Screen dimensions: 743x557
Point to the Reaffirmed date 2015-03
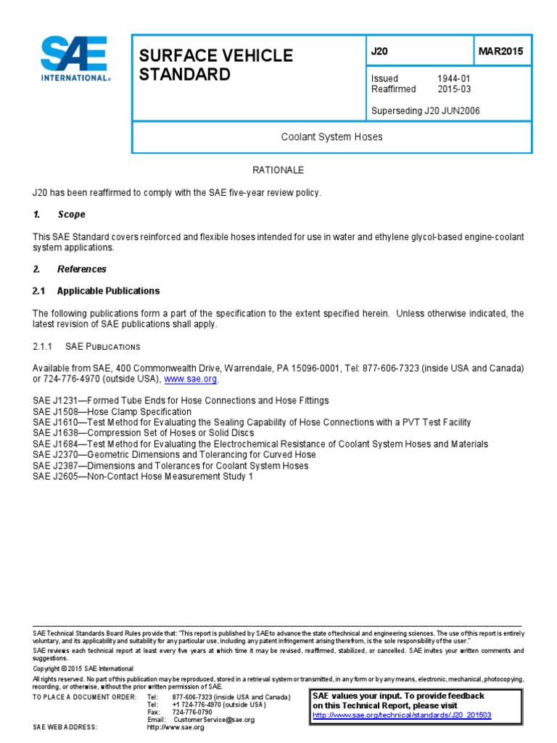tap(454, 89)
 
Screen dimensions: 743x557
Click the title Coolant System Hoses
tap(331, 136)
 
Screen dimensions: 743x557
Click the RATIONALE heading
tap(278, 170)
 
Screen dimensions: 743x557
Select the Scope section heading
tap(71, 215)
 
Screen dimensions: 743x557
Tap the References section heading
tap(81, 269)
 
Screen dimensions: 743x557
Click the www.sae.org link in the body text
tap(191, 379)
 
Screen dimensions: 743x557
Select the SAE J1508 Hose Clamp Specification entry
tap(112, 411)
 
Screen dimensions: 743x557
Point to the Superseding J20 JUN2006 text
tap(425, 111)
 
